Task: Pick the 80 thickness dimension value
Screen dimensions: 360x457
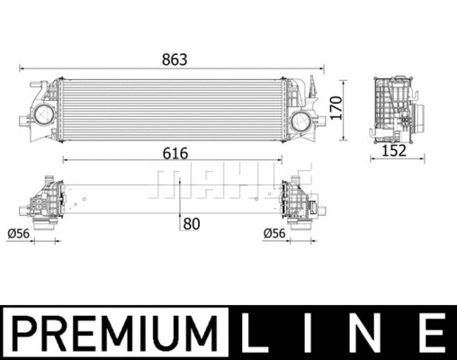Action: coord(190,224)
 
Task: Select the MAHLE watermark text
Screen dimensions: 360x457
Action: coord(230,182)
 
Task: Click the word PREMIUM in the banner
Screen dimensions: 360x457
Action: coord(117,330)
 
